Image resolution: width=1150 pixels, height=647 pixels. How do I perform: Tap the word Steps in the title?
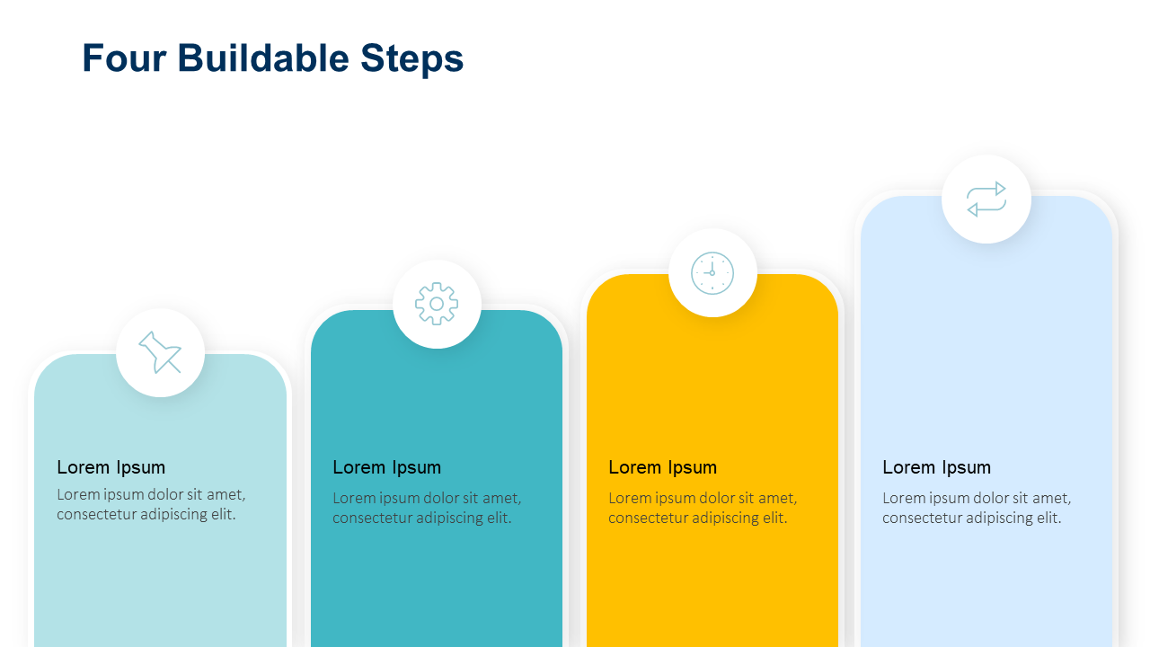pos(411,58)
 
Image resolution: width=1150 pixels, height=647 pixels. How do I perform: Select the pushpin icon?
pos(160,352)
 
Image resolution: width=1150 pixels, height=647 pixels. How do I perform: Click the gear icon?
pos(437,304)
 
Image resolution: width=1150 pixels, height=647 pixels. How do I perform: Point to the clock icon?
pos(712,272)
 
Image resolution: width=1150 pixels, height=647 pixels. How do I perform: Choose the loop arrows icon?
pos(986,199)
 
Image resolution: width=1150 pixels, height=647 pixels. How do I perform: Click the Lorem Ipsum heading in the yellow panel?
pos(662,467)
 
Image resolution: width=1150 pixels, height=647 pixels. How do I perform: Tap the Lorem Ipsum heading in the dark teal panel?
pos(386,467)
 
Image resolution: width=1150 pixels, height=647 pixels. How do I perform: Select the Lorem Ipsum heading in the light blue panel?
pos(936,467)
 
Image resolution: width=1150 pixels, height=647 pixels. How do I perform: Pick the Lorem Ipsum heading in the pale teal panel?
pos(111,467)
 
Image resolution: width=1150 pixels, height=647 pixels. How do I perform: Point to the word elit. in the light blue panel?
pos(1047,518)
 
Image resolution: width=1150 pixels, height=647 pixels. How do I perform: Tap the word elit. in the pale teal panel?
pos(222,515)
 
